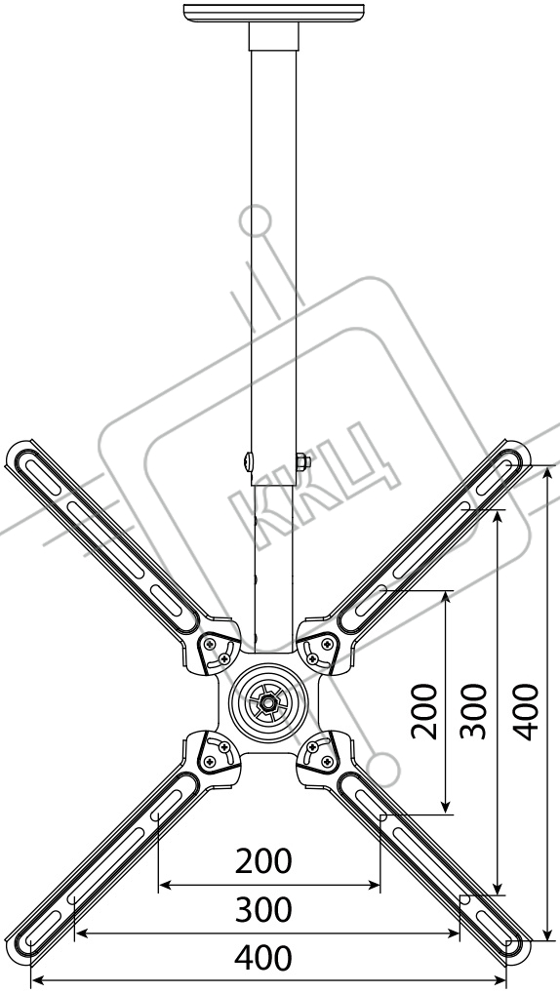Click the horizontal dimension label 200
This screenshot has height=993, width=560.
[x=263, y=861]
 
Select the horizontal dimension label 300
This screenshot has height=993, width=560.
[x=263, y=910]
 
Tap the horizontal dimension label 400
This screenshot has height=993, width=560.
[x=263, y=958]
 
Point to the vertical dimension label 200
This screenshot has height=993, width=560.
[x=424, y=711]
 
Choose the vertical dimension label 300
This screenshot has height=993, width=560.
[x=474, y=711]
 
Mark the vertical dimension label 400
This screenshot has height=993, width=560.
[x=526, y=711]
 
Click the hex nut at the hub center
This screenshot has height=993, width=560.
[x=268, y=701]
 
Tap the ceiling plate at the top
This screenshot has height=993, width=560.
[x=274, y=13]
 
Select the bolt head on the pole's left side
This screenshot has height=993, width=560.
[x=249, y=461]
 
